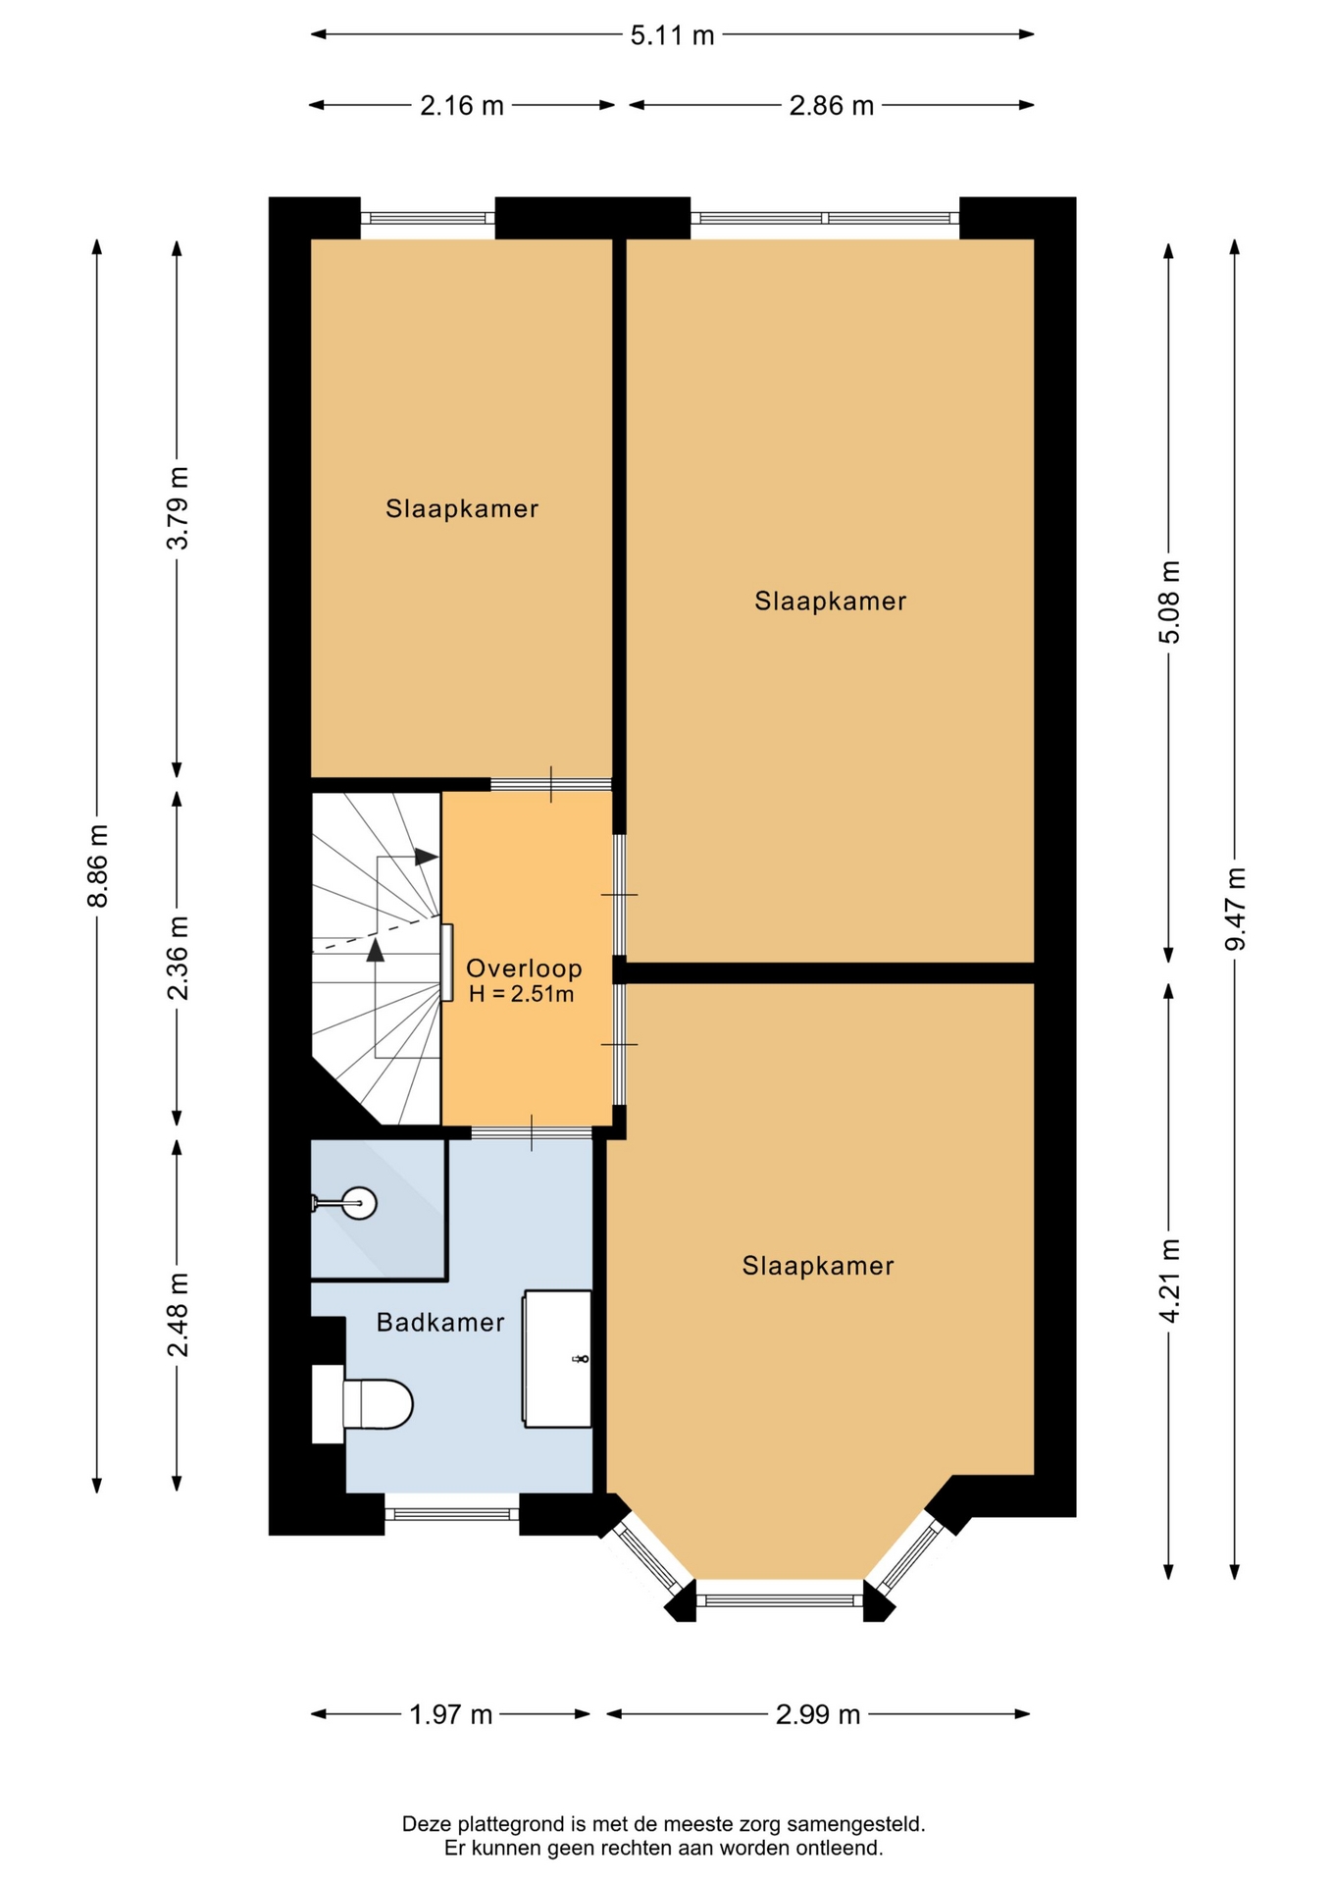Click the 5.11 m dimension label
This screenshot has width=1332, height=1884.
[x=672, y=36]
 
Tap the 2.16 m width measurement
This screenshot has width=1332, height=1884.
[x=462, y=106]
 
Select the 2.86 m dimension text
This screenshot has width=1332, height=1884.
[x=832, y=106]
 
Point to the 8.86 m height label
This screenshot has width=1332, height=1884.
[x=97, y=866]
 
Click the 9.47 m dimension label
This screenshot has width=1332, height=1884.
[x=1235, y=910]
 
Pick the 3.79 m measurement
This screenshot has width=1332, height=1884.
[x=178, y=508]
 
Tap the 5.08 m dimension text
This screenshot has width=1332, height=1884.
[x=1169, y=602]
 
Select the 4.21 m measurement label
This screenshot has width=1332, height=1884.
[x=1169, y=1282]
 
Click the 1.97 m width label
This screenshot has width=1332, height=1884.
[x=451, y=1714]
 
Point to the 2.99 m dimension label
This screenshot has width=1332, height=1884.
[x=818, y=1714]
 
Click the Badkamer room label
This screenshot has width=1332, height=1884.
[x=440, y=1323]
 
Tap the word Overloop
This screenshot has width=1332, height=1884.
[x=524, y=968]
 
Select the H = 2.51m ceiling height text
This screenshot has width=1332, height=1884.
[x=521, y=994]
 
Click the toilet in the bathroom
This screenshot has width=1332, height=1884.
[x=363, y=1404]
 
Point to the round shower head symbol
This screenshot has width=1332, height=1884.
[x=359, y=1202]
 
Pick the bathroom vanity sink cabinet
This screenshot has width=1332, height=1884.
[x=557, y=1359]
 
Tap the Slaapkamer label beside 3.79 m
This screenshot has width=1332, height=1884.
[x=462, y=508]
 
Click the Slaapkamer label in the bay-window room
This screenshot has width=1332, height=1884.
[x=818, y=1266]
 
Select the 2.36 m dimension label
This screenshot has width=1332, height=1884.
[x=178, y=959]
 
